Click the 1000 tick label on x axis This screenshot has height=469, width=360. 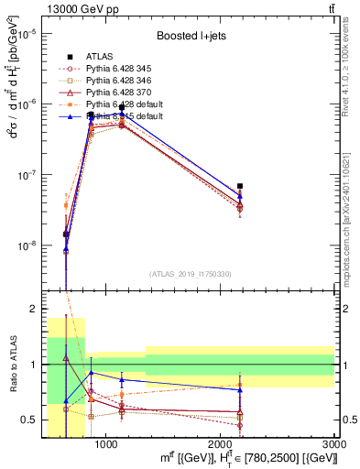coord(106,444)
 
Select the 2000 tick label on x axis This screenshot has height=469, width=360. coord(221,444)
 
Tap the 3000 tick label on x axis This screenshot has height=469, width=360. coord(334,444)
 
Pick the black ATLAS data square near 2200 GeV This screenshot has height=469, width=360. coord(240,186)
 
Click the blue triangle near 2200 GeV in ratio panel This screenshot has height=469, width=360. coord(240,390)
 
